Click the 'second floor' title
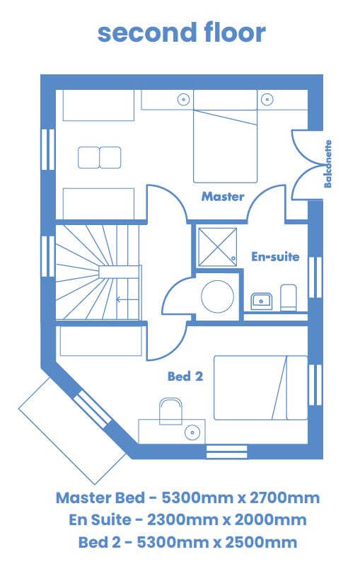pos(182,33)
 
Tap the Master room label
pos(223,197)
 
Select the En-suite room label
pos(276,257)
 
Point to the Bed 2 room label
pos(185,377)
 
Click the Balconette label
pos(327,163)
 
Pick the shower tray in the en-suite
pos(218,247)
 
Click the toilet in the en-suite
pos(289,297)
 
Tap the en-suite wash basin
pos(262,301)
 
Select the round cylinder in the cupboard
pos(218,297)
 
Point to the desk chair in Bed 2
pos(170,411)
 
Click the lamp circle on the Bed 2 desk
pos(192,432)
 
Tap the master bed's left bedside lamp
pos(183,99)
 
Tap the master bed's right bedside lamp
pos(267,99)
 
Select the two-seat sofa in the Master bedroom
pos(99,158)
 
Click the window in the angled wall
pos(93,408)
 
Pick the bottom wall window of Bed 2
pos(226,452)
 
